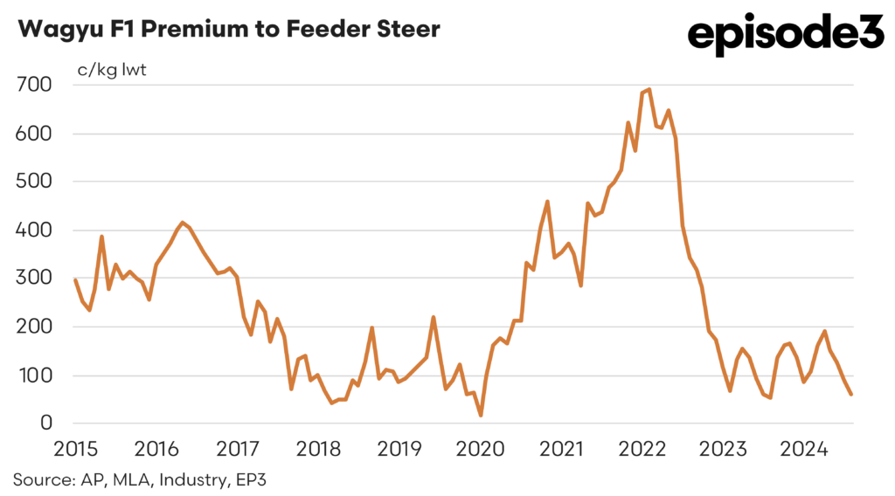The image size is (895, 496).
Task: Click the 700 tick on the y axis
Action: tap(34, 85)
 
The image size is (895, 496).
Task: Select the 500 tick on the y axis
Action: tap(34, 182)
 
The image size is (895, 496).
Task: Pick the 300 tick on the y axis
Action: tap(34, 279)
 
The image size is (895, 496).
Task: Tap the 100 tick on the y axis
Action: tap(34, 375)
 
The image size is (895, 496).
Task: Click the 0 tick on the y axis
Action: tap(45, 424)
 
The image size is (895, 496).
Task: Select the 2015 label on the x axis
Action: tap(75, 449)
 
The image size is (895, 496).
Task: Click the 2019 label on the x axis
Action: tap(399, 449)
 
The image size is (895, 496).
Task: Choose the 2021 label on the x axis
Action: tap(562, 449)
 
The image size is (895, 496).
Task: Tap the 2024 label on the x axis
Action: tap(805, 449)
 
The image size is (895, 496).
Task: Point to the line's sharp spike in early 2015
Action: tap(102, 236)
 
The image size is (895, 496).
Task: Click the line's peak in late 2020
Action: tap(547, 202)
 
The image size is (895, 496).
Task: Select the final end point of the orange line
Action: tap(851, 394)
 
